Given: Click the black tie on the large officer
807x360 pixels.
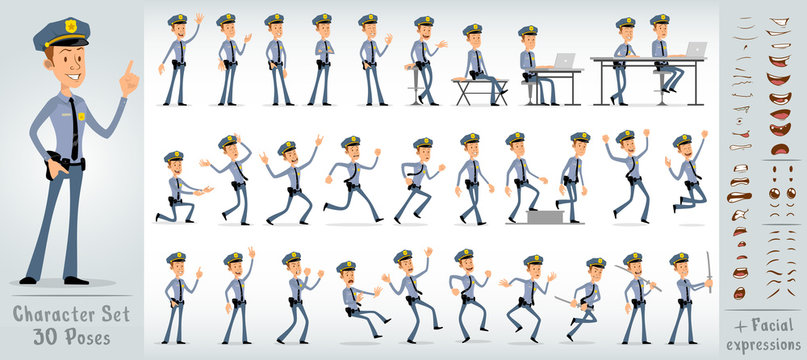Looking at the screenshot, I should (x=73, y=125).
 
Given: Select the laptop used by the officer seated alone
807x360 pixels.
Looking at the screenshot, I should (x=564, y=60).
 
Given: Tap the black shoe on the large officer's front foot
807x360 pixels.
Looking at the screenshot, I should (x=75, y=281).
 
